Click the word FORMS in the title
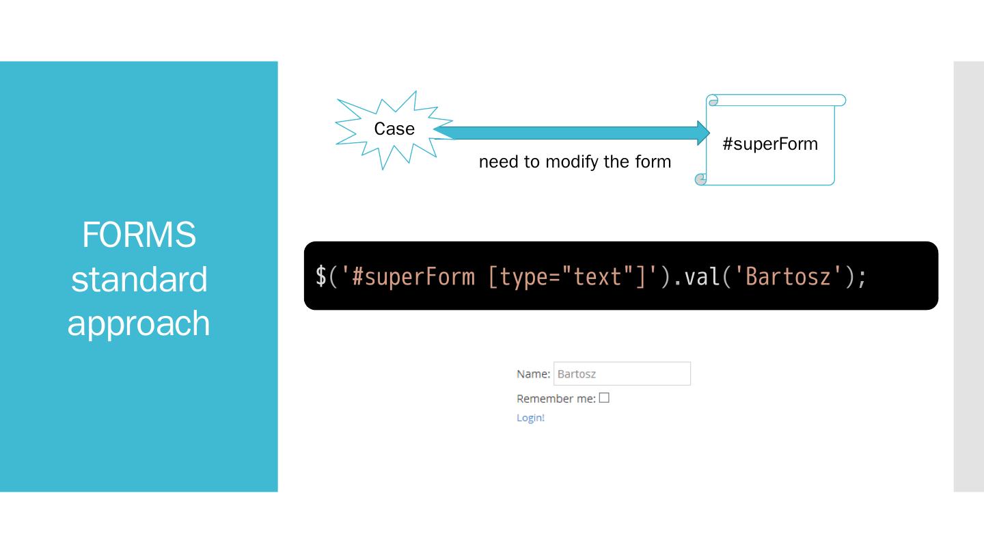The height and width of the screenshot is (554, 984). point(139,235)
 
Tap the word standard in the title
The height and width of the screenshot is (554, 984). point(139,279)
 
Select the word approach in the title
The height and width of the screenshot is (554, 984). point(139,323)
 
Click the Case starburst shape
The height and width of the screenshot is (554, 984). point(394,129)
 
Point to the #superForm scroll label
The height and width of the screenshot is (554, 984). point(770,144)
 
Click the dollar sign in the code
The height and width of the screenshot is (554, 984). point(320,276)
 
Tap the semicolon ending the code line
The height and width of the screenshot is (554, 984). point(862,276)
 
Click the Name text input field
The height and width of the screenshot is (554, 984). point(621,374)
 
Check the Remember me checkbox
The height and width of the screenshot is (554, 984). point(604,398)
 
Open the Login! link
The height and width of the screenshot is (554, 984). point(530,418)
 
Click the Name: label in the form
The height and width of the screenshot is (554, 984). point(533,374)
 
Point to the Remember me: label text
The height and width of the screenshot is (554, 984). point(556,399)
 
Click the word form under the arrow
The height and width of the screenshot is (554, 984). point(654,162)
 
